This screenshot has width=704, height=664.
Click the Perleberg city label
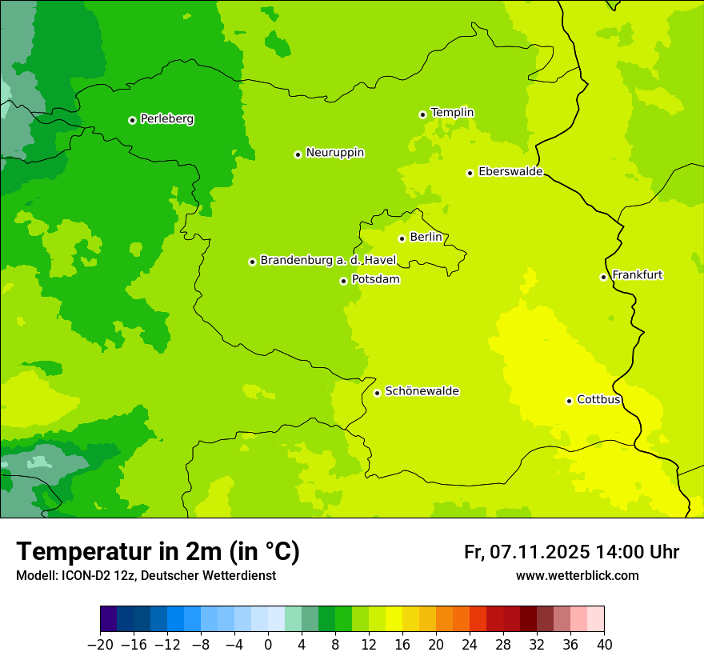point(166,119)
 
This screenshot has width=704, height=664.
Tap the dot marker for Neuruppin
point(298,154)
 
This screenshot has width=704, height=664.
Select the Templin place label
point(452,113)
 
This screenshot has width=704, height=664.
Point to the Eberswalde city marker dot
point(470,173)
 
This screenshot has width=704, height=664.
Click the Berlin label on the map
point(426,238)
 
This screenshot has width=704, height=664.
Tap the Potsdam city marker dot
point(343,281)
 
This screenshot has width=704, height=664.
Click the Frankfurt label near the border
point(637,275)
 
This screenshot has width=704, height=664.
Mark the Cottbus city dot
point(569,401)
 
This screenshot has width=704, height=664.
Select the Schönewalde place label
point(422,391)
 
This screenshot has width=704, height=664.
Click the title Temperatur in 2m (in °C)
point(158,552)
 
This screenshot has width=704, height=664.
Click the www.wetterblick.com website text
point(577,576)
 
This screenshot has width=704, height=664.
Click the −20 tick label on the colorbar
point(100,645)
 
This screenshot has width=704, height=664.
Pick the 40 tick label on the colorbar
point(604,645)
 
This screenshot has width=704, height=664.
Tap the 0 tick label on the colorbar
point(268,645)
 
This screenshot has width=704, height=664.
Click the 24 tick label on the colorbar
point(470,645)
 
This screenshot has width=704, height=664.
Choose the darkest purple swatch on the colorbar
point(108,619)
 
